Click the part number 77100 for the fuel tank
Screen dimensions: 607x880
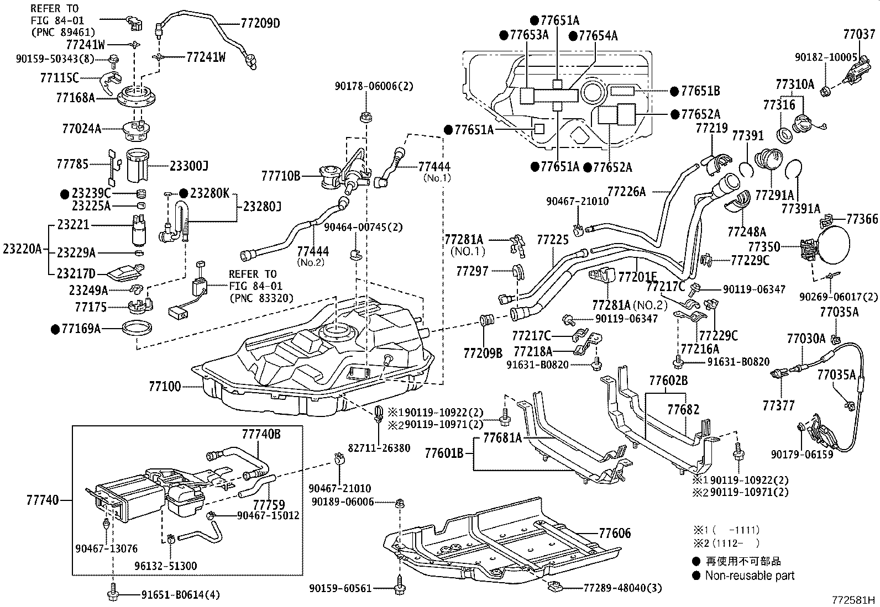164,386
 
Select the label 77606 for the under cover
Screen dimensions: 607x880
615,534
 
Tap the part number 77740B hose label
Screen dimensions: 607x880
261,435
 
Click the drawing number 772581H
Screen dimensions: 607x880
855,599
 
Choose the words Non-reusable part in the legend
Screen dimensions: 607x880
750,576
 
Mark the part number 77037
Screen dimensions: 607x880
859,35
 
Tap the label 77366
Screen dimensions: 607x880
862,219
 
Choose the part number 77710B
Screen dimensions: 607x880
280,176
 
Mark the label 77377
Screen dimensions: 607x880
778,406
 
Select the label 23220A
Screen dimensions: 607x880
22,249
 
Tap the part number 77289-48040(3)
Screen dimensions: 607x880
622,588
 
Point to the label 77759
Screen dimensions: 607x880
269,505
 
